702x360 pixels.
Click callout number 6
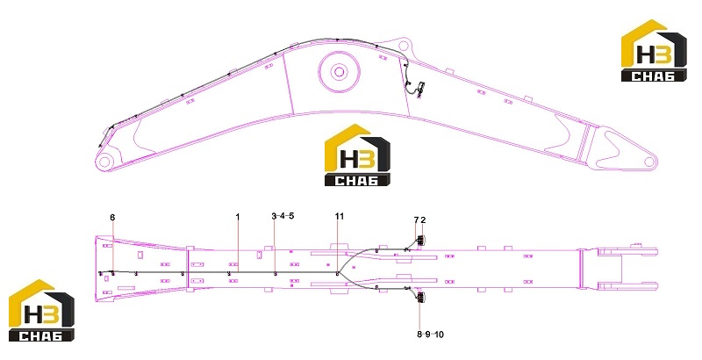(x=112, y=217)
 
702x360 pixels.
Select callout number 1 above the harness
(x=238, y=217)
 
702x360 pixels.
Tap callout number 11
(x=340, y=216)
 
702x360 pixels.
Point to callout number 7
(x=416, y=220)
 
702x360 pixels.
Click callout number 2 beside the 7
(x=423, y=220)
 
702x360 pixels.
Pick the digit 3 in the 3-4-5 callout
(x=274, y=216)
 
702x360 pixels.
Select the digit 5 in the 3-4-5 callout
(x=291, y=216)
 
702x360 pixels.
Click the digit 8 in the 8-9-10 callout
(x=419, y=334)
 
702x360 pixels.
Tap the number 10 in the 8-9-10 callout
(x=440, y=334)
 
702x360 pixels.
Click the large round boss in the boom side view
(x=339, y=71)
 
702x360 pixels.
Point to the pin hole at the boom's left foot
(x=104, y=162)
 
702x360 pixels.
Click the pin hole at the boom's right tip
(x=649, y=161)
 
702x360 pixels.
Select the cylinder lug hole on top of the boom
(x=404, y=46)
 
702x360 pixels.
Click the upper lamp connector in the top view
(x=420, y=241)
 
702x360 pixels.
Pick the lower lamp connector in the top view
(x=420, y=298)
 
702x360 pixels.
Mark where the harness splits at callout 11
(x=338, y=272)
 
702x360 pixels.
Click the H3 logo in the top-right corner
(x=654, y=51)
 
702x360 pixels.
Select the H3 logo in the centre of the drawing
(x=357, y=155)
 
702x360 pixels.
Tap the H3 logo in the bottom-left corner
(x=41, y=310)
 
